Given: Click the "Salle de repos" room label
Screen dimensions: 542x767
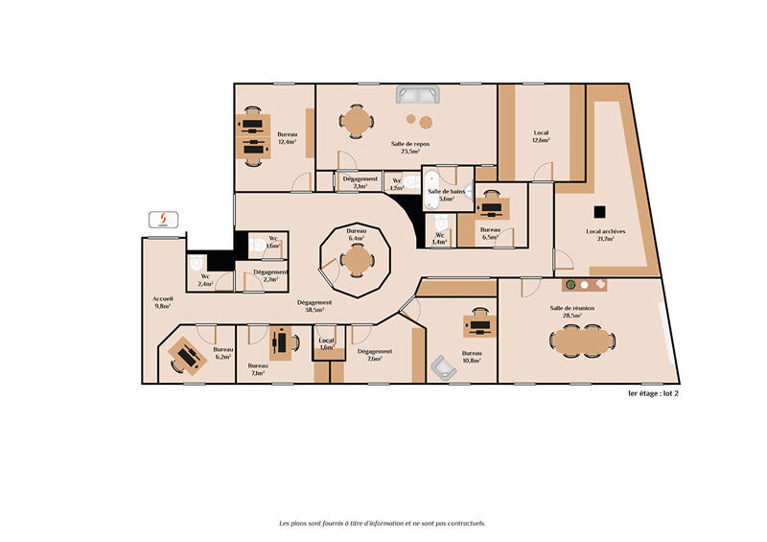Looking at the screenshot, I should click(409, 144).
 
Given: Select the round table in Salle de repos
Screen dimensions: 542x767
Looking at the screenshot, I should click(358, 122).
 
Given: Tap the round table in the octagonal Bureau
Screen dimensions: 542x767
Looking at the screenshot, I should click(357, 259).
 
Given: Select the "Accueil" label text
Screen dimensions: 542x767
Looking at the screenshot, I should click(163, 299).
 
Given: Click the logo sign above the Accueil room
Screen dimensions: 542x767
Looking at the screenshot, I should click(163, 221).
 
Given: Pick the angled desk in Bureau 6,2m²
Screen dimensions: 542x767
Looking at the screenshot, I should click(186, 356).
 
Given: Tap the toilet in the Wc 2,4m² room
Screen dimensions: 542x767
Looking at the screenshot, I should click(197, 263).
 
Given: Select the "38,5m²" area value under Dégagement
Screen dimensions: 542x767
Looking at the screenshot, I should click(314, 311).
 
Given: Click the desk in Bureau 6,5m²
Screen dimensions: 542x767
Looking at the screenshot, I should click(492, 205).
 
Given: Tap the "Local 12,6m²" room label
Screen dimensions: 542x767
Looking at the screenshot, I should click(541, 136).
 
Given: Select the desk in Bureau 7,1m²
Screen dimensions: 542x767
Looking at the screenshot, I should click(281, 342).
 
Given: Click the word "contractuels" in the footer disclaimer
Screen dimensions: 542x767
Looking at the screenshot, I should click(462, 523).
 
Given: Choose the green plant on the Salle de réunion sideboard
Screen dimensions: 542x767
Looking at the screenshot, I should click(569, 285).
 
